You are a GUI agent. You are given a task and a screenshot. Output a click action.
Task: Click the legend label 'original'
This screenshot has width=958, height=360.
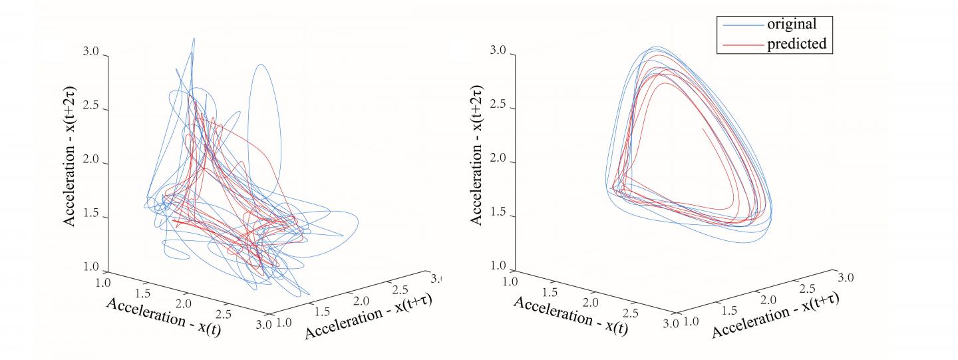pos(798,25)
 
